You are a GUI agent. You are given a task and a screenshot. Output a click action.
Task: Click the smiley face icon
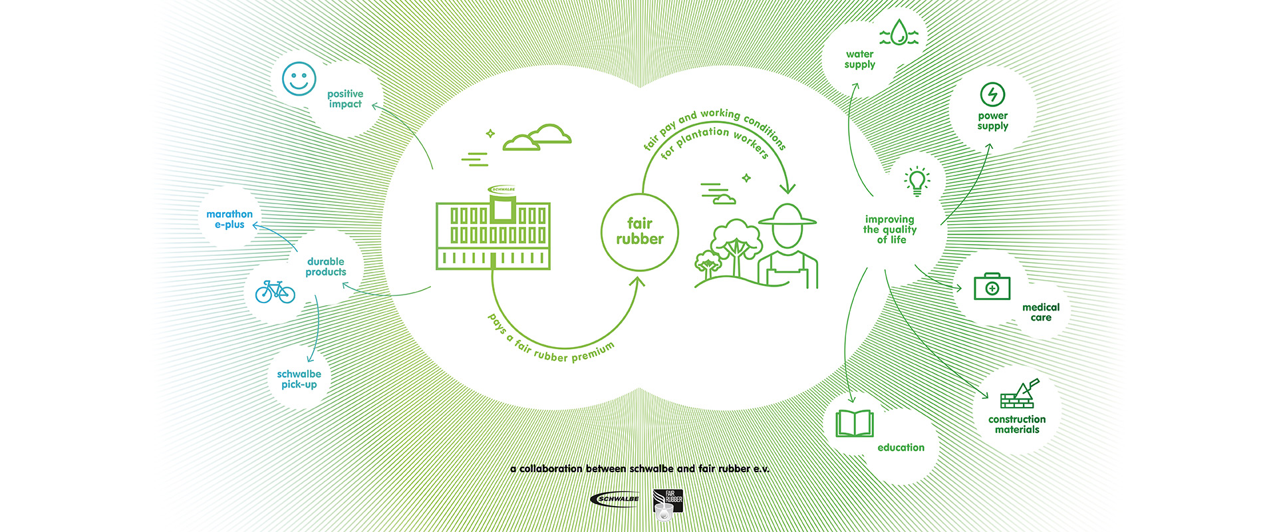[x=299, y=79]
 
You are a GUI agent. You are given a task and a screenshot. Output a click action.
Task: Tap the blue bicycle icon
[x=275, y=291]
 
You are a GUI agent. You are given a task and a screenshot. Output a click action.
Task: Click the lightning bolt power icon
[x=992, y=94]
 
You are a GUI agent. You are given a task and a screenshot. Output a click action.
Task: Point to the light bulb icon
[x=917, y=181]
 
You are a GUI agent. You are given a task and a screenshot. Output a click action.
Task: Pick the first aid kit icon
[x=992, y=287]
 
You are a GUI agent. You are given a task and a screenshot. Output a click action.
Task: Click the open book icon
[x=854, y=423]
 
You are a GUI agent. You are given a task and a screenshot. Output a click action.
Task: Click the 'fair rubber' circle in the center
[x=640, y=231]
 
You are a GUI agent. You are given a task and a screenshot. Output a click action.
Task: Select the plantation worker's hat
[x=787, y=215]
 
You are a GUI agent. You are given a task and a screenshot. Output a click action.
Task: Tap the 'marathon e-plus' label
[x=229, y=219]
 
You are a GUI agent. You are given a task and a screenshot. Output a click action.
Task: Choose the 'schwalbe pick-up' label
[x=299, y=379]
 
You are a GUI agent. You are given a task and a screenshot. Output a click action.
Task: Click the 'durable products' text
[x=326, y=267]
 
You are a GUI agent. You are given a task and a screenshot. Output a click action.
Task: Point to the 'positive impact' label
[x=345, y=98]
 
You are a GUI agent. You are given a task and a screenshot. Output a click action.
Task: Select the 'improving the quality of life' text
[x=890, y=229]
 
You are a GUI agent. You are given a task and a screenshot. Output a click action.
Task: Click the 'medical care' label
[x=1041, y=313]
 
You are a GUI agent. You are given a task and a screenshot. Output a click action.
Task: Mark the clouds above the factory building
[x=537, y=137]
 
